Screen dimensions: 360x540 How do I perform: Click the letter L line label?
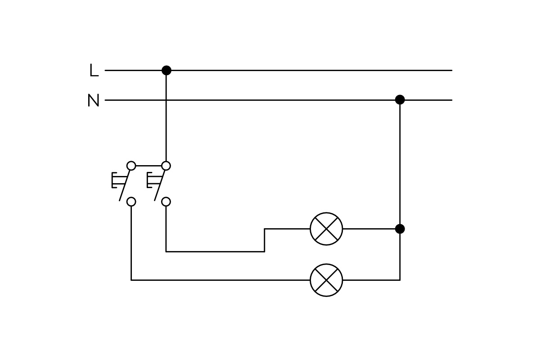tap(94, 70)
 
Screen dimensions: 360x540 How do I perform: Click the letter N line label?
tap(93, 100)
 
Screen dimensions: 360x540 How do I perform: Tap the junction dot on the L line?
tap(166, 70)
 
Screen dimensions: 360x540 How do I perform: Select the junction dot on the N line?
tap(400, 99)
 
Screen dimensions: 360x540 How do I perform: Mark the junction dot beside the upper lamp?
tap(400, 229)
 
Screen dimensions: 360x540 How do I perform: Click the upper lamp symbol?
tap(326, 229)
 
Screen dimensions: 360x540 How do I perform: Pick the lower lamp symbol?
tap(326, 280)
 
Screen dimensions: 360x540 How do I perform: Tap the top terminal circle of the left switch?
tap(131, 166)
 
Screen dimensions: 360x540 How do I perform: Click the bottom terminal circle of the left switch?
tap(131, 202)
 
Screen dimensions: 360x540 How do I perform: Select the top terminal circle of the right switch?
tap(166, 166)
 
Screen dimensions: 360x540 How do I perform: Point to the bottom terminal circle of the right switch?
tap(166, 202)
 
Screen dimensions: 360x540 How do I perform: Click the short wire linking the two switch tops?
tap(148, 166)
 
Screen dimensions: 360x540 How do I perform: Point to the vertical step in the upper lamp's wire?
tap(265, 240)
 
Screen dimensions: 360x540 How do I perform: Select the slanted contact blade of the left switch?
tap(125, 185)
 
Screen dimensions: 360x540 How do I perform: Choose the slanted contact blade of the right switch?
tap(160, 185)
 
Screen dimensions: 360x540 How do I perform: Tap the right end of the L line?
tap(451, 70)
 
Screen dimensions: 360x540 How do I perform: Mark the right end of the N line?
tap(451, 100)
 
